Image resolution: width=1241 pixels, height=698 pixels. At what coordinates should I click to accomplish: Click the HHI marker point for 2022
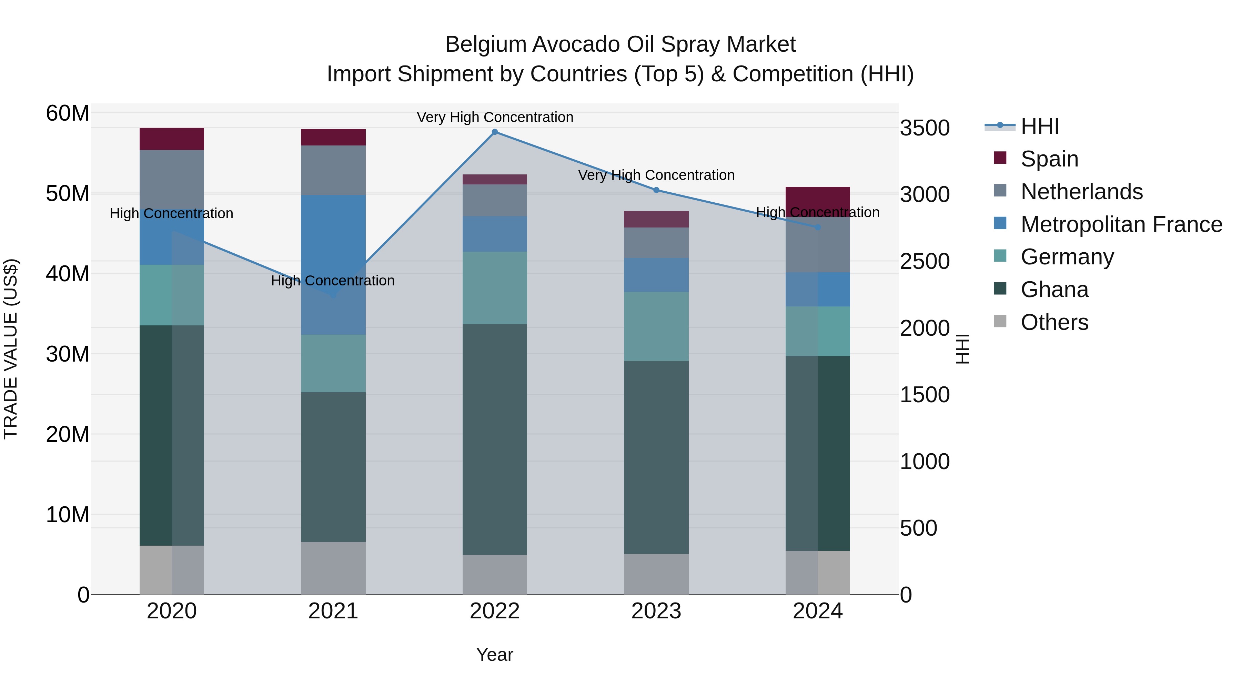(x=495, y=132)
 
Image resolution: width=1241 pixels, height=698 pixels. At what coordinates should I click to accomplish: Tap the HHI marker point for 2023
(x=656, y=190)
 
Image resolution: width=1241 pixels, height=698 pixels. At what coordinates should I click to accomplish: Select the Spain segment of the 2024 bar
(x=818, y=200)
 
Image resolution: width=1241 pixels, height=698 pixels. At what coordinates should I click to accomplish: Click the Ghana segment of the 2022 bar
(x=495, y=439)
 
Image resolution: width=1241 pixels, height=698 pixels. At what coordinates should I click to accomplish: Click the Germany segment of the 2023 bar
(x=656, y=326)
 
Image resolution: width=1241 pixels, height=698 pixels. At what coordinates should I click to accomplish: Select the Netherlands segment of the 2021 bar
(x=333, y=170)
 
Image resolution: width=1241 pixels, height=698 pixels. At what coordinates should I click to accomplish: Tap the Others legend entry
(x=1054, y=322)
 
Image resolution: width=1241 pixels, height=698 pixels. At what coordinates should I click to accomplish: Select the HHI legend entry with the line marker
(x=1039, y=126)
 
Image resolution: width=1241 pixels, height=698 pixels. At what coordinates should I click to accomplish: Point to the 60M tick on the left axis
(x=68, y=114)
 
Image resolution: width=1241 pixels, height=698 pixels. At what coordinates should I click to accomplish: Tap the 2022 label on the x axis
(x=495, y=611)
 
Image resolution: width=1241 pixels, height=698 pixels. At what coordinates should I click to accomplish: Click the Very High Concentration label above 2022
(x=495, y=117)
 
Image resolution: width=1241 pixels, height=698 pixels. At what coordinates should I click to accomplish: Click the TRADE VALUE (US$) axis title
(x=11, y=349)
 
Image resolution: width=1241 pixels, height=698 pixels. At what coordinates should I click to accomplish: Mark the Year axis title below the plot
(x=495, y=655)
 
